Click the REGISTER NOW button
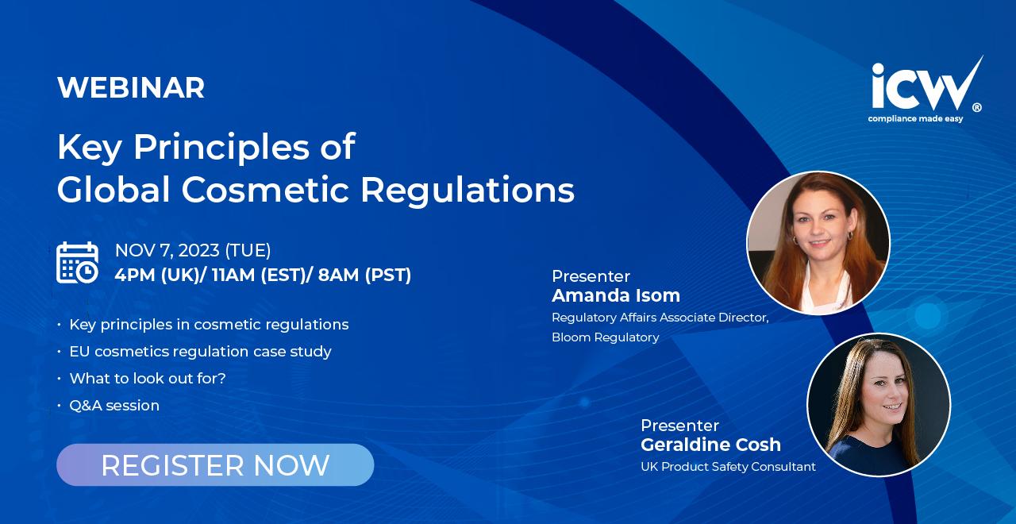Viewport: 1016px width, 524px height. [215, 464]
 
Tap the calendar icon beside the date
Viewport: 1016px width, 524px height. [77, 263]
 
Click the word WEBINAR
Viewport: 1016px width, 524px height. [131, 87]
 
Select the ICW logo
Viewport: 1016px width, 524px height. [926, 89]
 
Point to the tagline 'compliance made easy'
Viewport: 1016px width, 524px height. [915, 119]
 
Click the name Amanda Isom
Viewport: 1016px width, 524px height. [616, 295]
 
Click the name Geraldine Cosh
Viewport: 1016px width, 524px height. [710, 445]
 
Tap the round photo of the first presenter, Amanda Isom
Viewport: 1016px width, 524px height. [818, 243]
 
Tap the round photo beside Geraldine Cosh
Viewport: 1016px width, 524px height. [879, 405]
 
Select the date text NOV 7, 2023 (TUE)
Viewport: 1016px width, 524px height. [193, 250]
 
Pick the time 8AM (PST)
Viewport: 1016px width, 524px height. [364, 275]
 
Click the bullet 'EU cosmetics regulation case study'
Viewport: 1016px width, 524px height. [201, 352]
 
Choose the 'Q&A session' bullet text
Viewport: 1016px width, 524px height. [114, 405]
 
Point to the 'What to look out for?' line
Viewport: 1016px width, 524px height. [148, 379]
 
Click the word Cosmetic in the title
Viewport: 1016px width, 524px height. [265, 190]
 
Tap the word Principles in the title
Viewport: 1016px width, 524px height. [221, 148]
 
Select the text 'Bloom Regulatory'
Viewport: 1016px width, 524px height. [606, 337]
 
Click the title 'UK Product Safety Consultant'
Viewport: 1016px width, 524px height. [728, 466]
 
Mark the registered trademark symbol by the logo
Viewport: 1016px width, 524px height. [977, 107]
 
